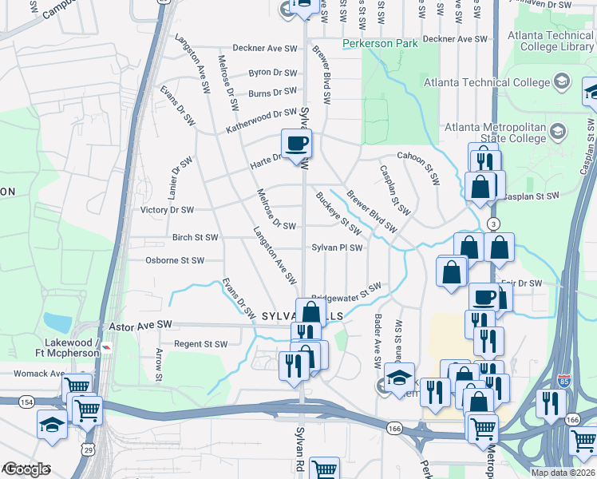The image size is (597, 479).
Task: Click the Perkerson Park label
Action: pyautogui.click(x=380, y=44)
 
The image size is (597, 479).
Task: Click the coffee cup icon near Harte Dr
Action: pyautogui.click(x=296, y=144)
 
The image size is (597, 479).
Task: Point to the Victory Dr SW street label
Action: pyautogui.click(x=167, y=211)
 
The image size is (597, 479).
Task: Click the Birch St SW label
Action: pyautogui.click(x=195, y=238)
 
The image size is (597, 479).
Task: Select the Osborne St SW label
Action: pyautogui.click(x=174, y=260)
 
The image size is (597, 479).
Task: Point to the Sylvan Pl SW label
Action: pyautogui.click(x=337, y=247)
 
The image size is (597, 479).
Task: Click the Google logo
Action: pyautogui.click(x=26, y=469)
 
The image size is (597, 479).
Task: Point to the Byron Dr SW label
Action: pyautogui.click(x=271, y=73)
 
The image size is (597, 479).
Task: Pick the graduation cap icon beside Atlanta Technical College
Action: pyautogui.click(x=562, y=82)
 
